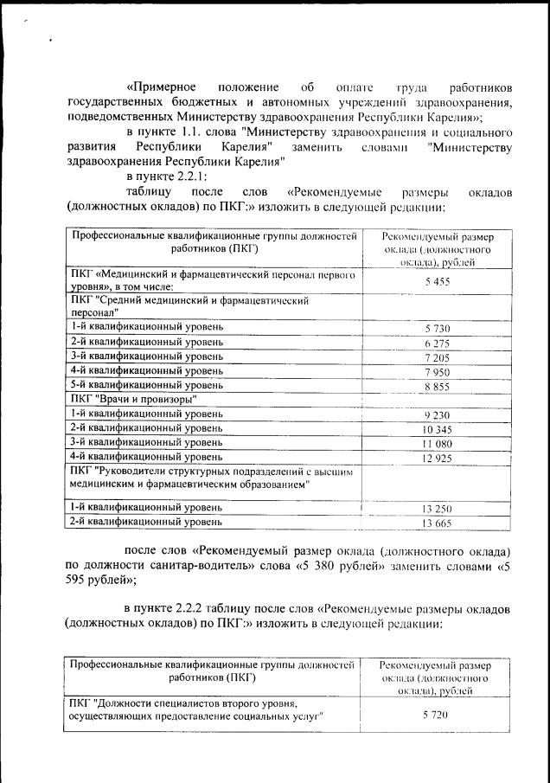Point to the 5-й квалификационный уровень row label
[x=146, y=384]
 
